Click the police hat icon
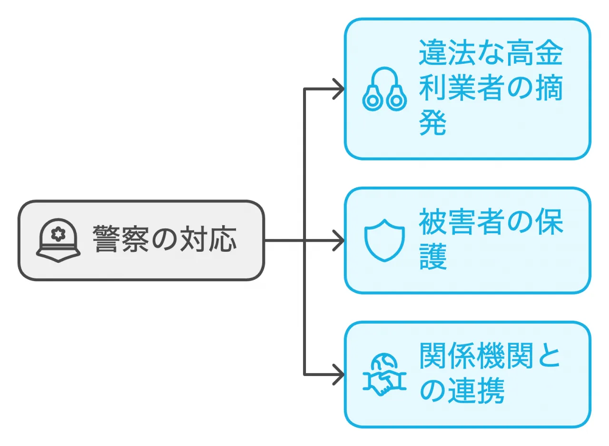(x=59, y=241)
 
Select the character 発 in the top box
(x=432, y=125)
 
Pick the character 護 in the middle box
(x=432, y=258)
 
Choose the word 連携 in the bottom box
(x=476, y=393)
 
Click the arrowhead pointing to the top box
(x=339, y=89)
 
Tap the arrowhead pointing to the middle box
(x=339, y=241)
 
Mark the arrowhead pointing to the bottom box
(x=339, y=375)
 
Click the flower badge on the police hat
(x=59, y=235)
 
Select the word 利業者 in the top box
(x=462, y=89)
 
